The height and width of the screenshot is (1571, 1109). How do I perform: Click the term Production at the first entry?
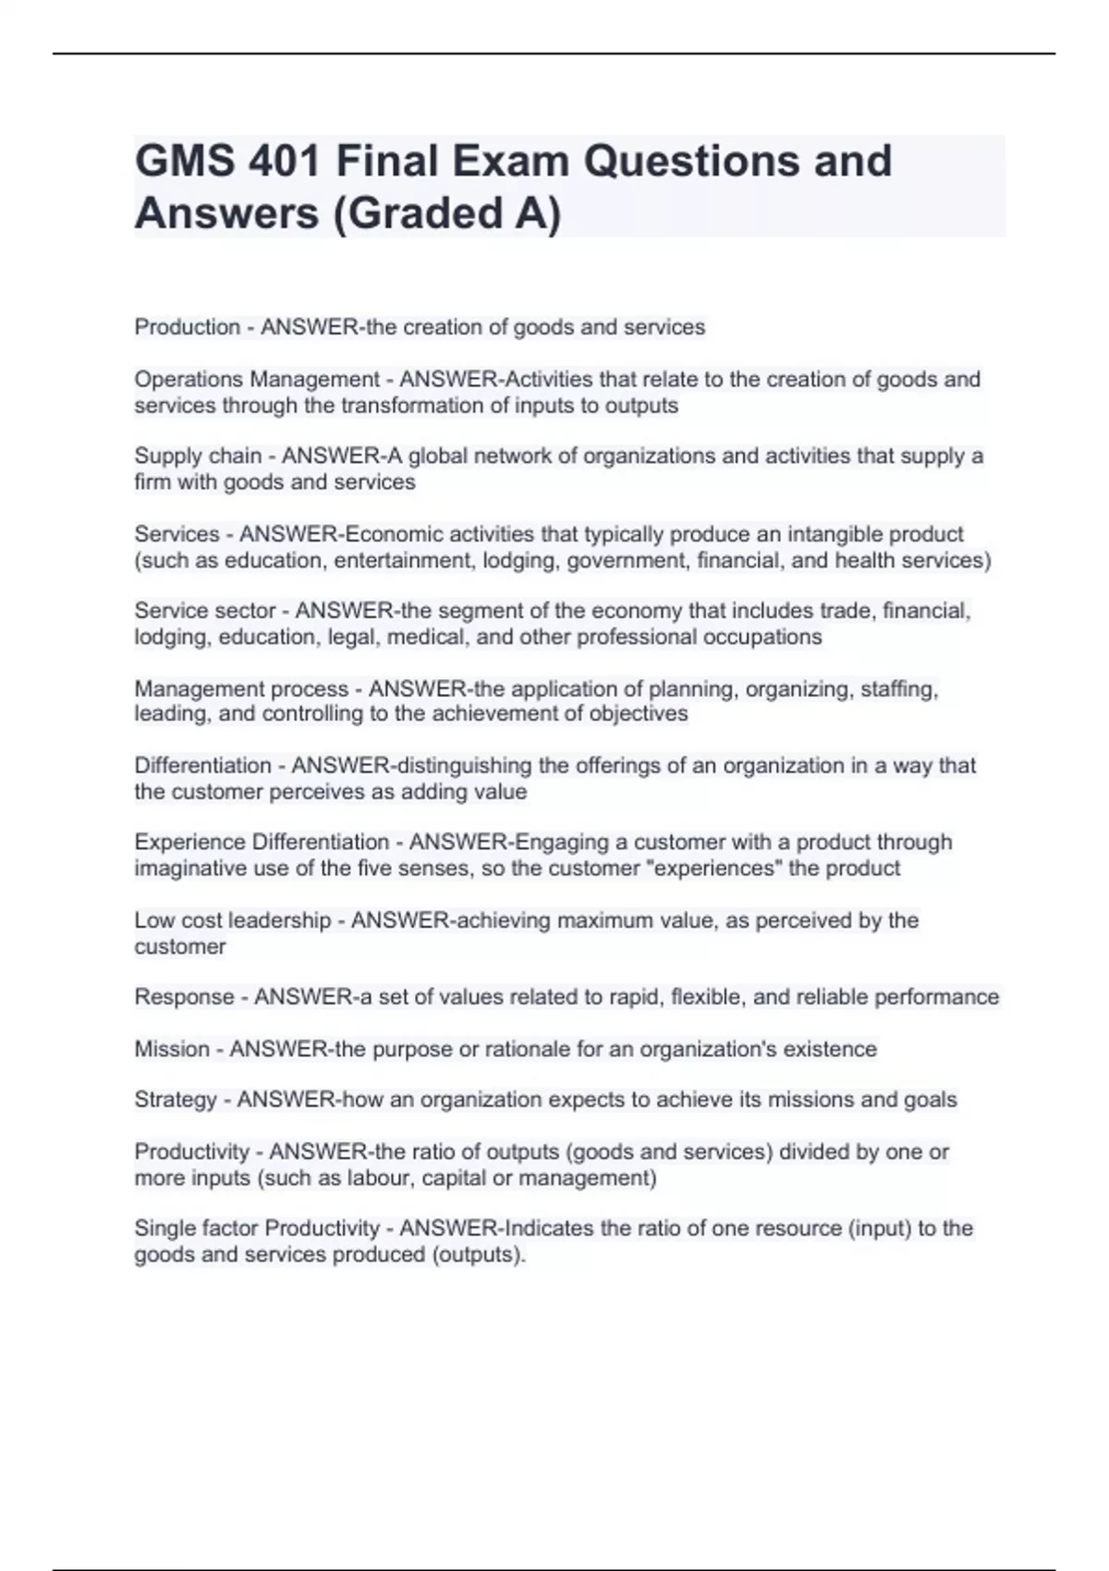[x=188, y=327]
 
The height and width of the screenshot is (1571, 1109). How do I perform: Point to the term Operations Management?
[x=257, y=380]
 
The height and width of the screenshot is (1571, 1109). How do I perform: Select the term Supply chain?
[x=198, y=457]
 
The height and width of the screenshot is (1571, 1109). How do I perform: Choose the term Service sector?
[x=205, y=611]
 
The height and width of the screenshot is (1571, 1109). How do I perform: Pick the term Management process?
[x=241, y=688]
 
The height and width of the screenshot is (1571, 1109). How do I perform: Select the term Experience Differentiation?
[x=262, y=842]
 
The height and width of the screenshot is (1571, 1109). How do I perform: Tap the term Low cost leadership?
[x=232, y=920]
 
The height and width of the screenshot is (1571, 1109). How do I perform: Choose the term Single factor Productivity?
[x=257, y=1228]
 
